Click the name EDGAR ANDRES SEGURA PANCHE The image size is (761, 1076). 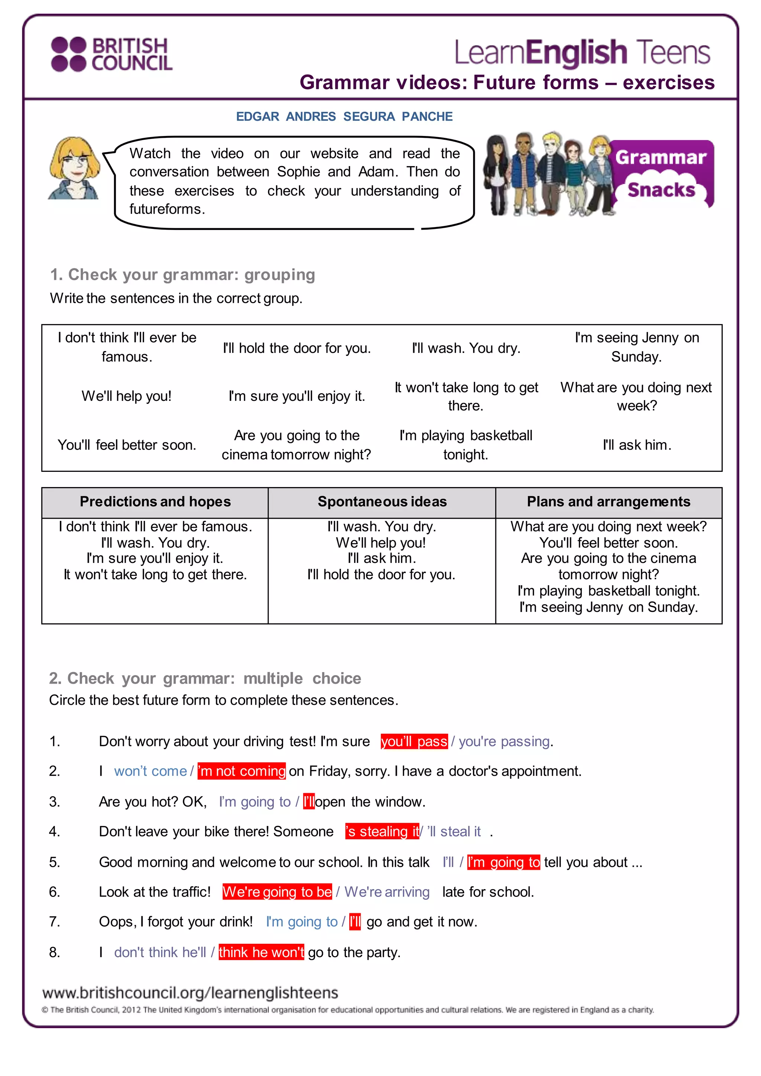(x=344, y=116)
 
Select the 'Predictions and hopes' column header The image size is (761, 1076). (x=155, y=502)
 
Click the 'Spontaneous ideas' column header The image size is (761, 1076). (x=382, y=502)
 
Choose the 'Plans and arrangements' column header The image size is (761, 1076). (x=608, y=502)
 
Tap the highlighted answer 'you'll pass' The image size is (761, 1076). (x=414, y=741)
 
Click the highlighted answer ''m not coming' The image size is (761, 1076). (x=242, y=771)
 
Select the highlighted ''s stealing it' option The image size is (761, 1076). (x=382, y=832)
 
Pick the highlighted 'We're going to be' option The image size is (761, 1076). (x=278, y=892)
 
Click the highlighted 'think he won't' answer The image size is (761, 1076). (x=262, y=952)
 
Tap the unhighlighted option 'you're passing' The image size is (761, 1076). (x=504, y=741)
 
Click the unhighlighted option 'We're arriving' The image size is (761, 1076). (x=387, y=892)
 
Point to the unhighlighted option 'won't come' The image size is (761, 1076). (x=150, y=771)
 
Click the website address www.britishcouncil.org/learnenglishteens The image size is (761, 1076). (x=190, y=992)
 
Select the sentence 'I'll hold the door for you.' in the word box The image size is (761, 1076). (x=297, y=348)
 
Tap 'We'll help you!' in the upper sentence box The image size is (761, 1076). (x=126, y=396)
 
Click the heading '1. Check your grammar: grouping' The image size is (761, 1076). (x=183, y=275)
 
